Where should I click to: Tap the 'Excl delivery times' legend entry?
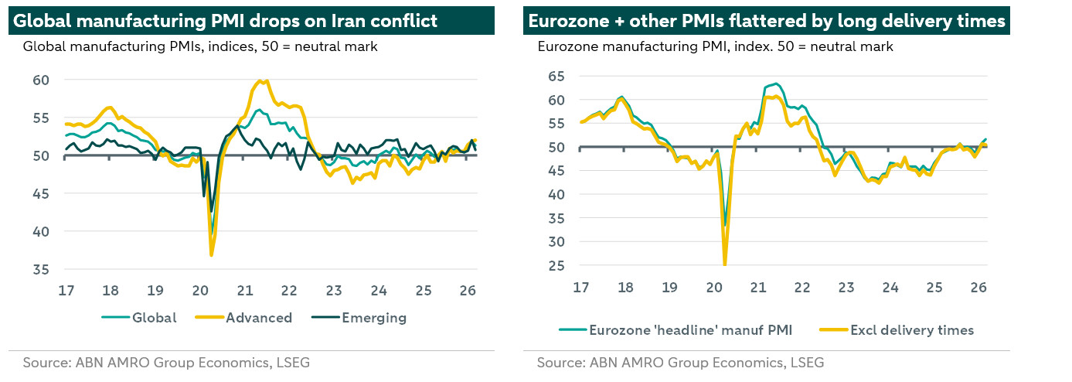[910, 330]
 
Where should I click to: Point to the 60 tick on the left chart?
[40, 80]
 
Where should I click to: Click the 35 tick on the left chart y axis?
[40, 269]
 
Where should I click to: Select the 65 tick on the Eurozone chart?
[556, 76]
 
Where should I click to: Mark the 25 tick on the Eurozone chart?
[556, 265]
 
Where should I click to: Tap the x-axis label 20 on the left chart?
[200, 291]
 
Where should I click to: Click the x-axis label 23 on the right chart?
[846, 287]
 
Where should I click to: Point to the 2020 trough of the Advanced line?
[212, 254]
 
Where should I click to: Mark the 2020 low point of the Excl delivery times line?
[725, 264]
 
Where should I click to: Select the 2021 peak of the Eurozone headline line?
[776, 84]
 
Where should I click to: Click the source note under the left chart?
[166, 362]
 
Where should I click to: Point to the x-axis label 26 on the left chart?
[468, 291]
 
